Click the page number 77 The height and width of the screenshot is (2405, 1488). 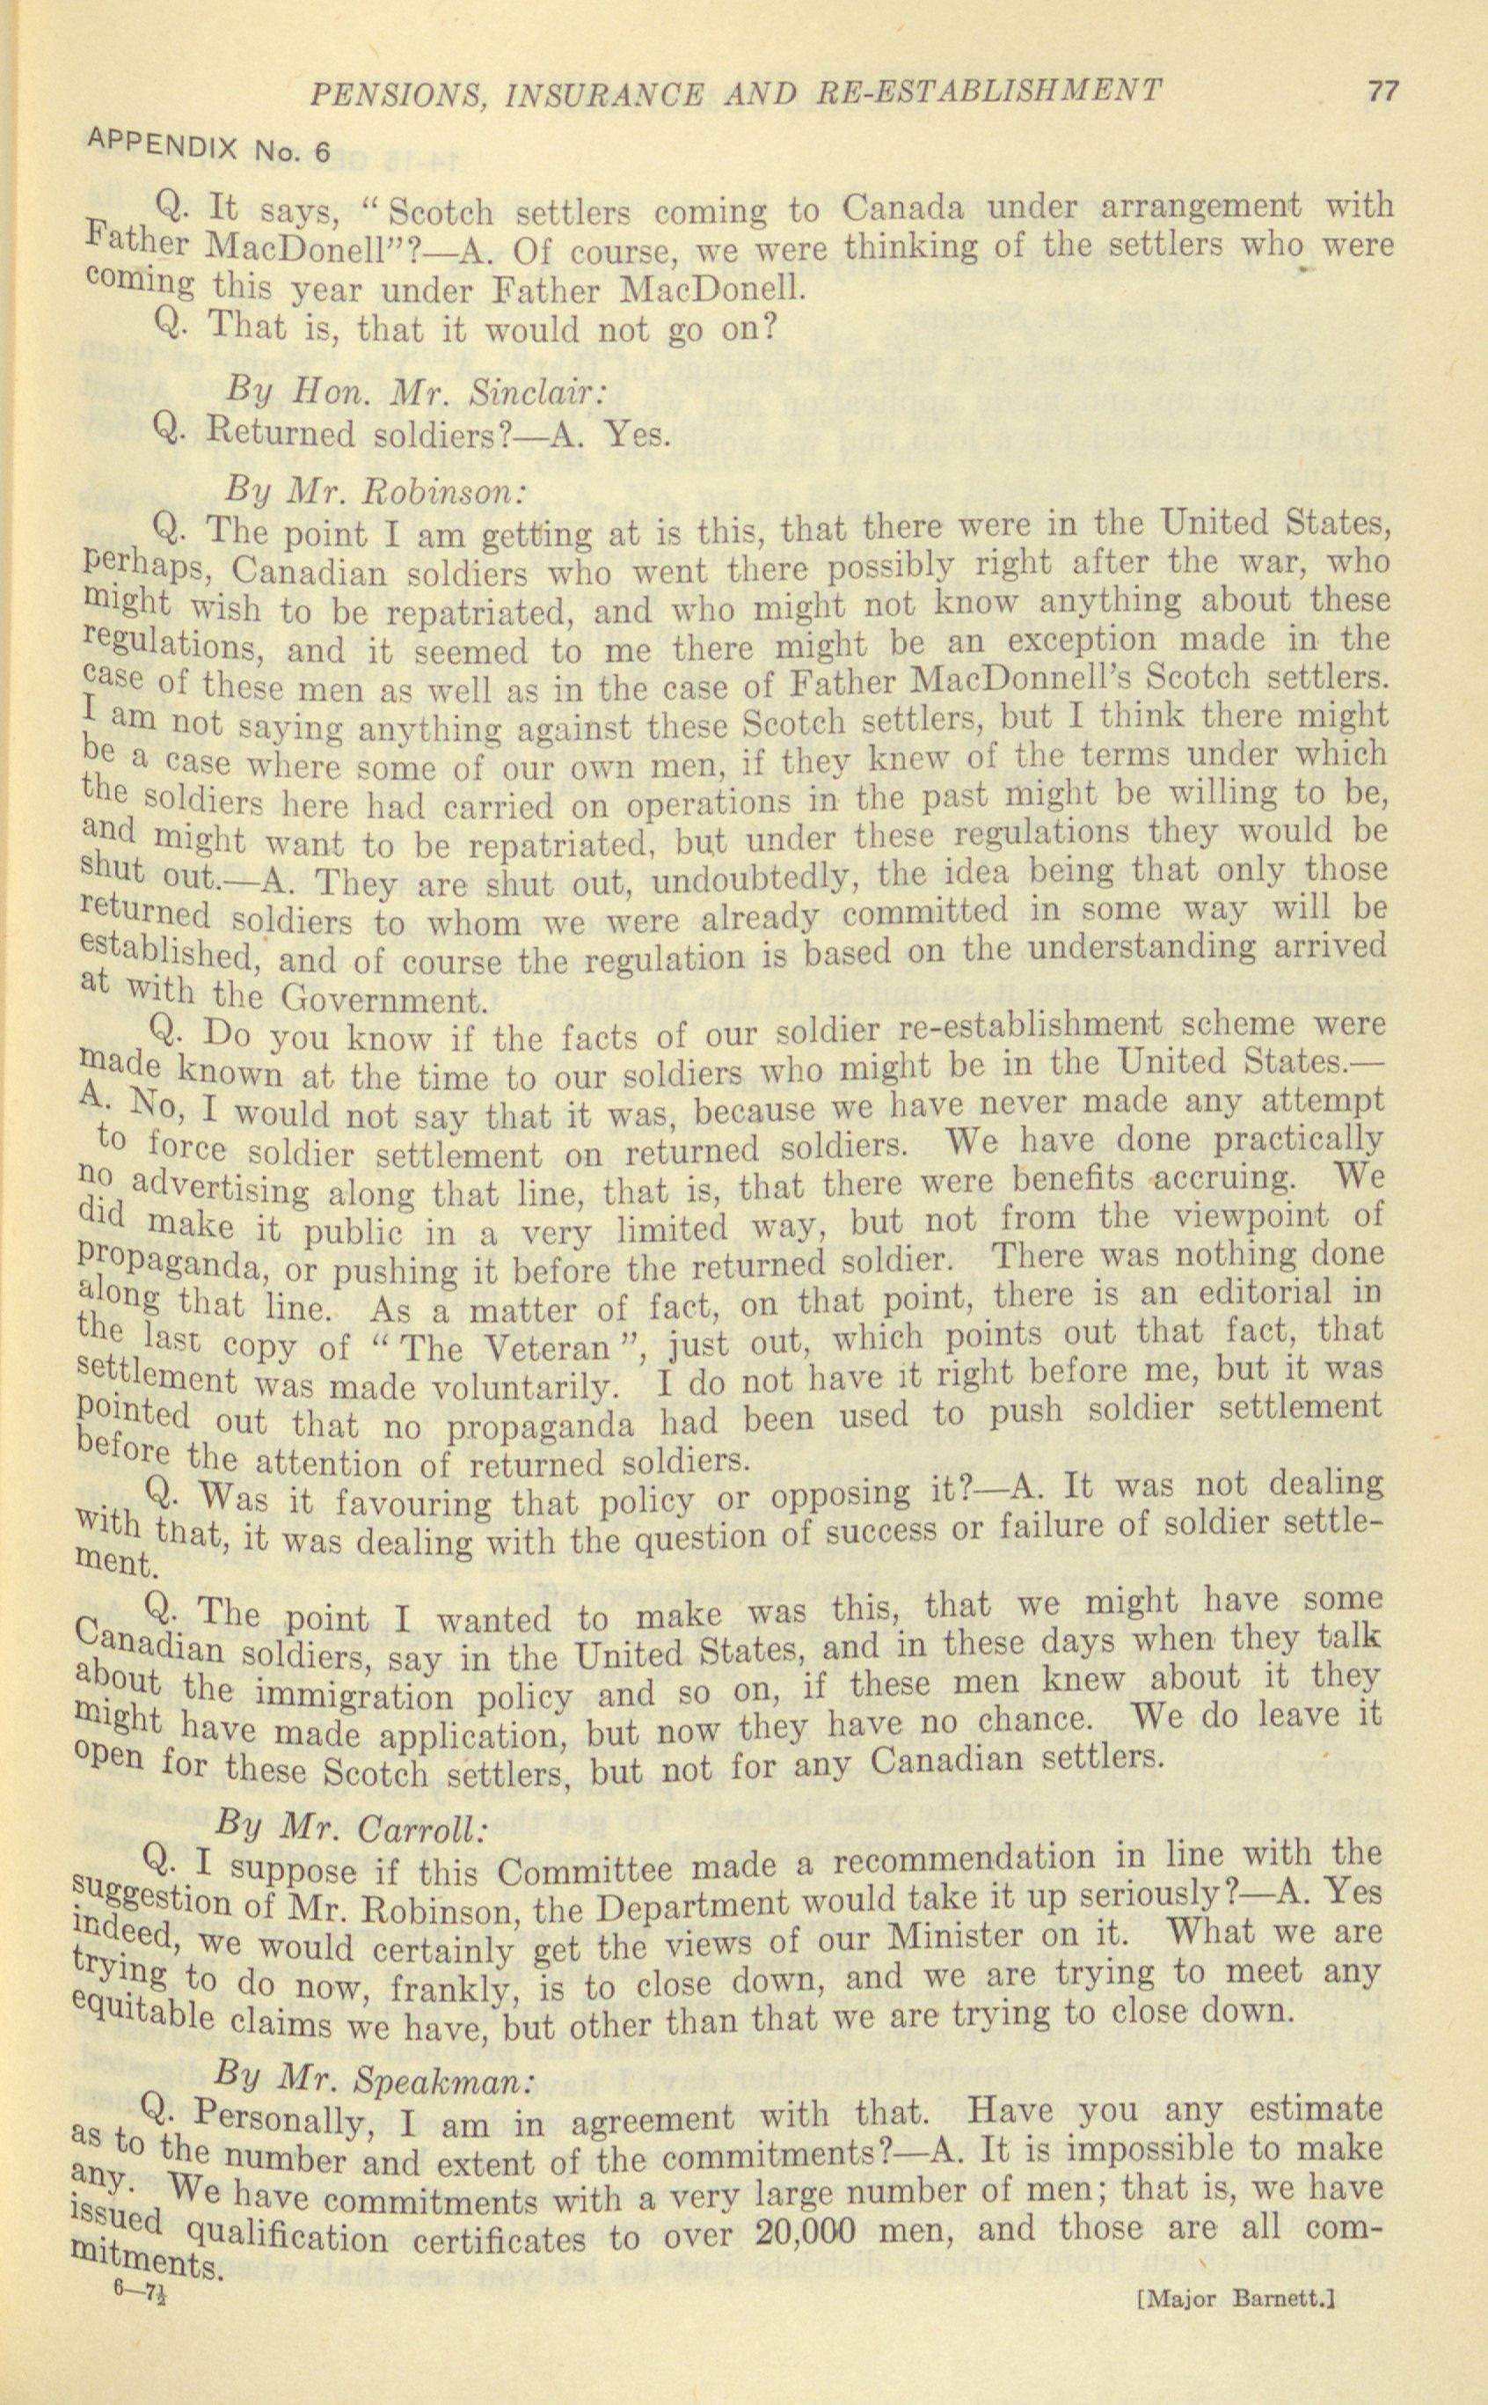(1382, 92)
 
